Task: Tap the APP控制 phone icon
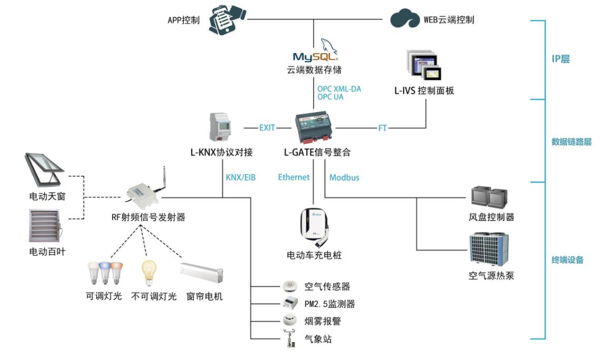(x=227, y=20)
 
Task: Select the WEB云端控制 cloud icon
(x=405, y=18)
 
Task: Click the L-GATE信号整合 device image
(x=315, y=128)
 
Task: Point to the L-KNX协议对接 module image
(x=220, y=128)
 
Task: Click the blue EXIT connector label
(x=267, y=128)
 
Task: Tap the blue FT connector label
(x=382, y=128)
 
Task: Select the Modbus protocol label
(x=344, y=177)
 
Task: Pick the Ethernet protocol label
(x=294, y=177)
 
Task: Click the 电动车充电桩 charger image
(x=314, y=228)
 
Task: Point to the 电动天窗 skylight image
(x=46, y=171)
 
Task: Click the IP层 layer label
(x=561, y=59)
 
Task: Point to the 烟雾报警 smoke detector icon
(x=290, y=321)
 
